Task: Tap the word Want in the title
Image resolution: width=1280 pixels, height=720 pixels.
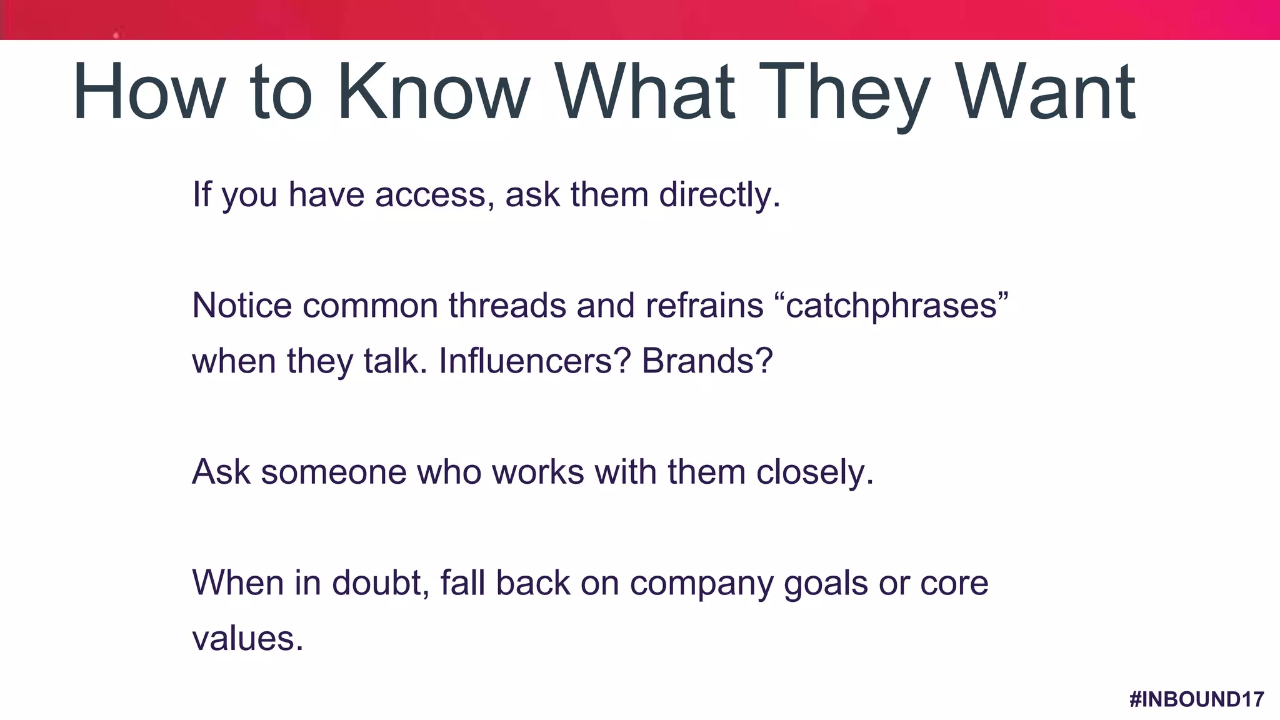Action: pos(1046,92)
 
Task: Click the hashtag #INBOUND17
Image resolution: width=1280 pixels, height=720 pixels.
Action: pos(1197,699)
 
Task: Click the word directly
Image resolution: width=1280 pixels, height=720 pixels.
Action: pos(719,195)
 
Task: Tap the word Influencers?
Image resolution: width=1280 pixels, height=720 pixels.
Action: pos(535,361)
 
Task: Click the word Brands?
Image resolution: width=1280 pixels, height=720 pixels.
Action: pos(707,361)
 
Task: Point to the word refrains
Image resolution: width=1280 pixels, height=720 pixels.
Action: pos(704,306)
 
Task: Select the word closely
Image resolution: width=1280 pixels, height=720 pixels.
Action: pos(814,472)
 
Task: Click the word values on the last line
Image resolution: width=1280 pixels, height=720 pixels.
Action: pos(247,639)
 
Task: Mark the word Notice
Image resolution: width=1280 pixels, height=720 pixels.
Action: pos(242,306)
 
